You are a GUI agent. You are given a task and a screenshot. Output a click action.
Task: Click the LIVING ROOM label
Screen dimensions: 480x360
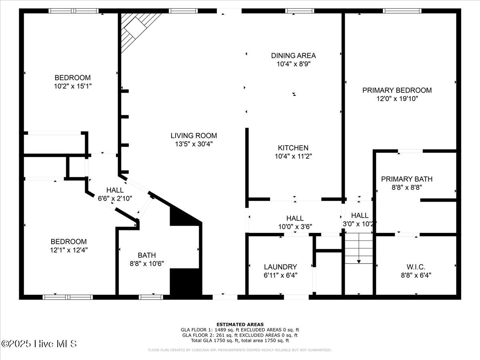(194, 136)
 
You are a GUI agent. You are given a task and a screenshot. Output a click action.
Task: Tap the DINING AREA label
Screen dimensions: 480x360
(294, 56)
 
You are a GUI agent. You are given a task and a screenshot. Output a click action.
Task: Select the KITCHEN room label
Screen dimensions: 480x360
(293, 148)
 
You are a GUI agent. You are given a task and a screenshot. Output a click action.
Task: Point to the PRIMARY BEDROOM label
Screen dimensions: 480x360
(397, 90)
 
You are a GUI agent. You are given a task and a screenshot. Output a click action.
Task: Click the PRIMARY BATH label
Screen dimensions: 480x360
(407, 179)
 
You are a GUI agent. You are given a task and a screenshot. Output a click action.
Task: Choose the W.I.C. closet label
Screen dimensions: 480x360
(416, 267)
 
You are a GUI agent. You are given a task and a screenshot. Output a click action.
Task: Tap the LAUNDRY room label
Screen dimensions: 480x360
(280, 267)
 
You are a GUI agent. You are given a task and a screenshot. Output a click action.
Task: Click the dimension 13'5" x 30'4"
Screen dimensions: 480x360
(194, 144)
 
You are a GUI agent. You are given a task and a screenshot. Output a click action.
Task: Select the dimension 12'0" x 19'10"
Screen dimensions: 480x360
(397, 99)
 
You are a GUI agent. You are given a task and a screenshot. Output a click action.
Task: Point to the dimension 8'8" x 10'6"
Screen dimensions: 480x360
(147, 264)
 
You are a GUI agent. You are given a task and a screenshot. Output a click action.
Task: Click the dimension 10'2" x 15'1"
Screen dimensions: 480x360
(73, 86)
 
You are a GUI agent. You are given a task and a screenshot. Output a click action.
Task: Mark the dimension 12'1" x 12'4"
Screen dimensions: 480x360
(69, 250)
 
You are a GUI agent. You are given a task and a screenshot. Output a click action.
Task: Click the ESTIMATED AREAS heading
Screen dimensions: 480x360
(240, 324)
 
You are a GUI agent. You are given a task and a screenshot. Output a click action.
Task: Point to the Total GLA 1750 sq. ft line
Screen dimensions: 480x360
(240, 340)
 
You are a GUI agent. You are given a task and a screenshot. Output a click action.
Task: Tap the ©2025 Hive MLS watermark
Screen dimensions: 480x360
(39, 344)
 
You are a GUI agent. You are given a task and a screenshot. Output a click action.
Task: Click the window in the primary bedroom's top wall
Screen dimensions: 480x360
(402, 11)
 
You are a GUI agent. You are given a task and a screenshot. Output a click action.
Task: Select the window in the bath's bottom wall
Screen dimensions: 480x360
(151, 297)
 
